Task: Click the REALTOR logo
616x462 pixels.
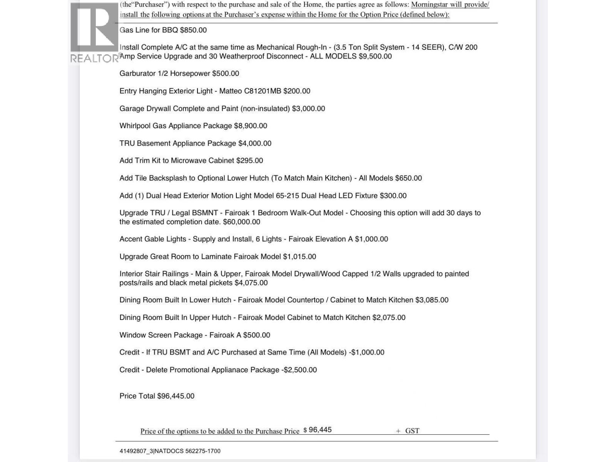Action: coord(94,33)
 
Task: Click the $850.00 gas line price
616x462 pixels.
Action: coord(193,30)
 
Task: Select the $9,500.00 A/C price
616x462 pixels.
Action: coord(375,56)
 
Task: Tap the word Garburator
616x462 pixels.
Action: coord(137,74)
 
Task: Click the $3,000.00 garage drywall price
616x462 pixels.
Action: coord(308,109)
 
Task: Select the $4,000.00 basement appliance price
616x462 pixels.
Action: coord(255,143)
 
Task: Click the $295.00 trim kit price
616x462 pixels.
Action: coord(249,161)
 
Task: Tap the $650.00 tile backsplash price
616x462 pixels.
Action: coord(408,178)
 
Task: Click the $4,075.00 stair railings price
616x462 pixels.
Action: coord(251,283)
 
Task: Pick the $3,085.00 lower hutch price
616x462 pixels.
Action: coord(432,300)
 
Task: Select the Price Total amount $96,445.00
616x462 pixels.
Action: coord(176,396)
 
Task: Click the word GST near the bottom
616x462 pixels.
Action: coord(412,431)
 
